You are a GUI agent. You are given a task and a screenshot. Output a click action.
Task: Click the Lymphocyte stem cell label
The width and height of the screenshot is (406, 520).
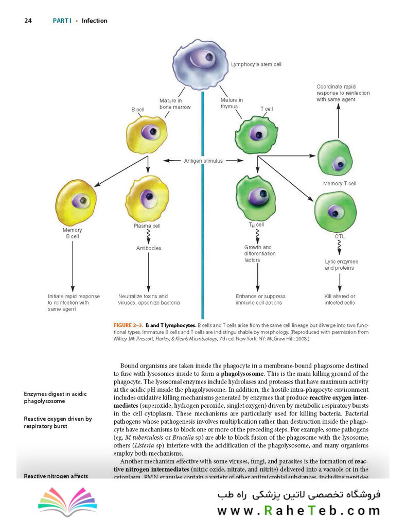click(256, 64)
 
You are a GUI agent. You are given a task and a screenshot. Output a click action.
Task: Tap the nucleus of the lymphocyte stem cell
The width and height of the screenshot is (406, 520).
click(203, 58)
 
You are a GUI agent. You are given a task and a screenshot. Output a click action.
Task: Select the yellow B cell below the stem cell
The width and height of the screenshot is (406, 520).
click(147, 134)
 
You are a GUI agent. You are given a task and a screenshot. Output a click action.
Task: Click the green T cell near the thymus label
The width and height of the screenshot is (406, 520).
click(256, 135)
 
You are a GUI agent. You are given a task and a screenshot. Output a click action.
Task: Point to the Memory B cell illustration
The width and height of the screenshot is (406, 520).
click(76, 203)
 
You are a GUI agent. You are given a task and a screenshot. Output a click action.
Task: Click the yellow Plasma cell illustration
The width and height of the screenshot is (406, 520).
click(147, 199)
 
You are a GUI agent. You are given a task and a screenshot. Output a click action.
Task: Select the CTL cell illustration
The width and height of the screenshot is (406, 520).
click(336, 212)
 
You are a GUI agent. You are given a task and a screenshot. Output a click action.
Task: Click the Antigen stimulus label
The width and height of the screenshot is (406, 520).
click(203, 161)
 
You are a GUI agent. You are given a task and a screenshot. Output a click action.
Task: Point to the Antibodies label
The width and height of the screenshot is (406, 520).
click(149, 248)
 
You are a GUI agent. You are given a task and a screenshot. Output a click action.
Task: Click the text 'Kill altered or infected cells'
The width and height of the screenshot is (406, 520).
click(340, 300)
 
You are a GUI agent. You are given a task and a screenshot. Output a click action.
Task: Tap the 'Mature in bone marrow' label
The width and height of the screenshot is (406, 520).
click(174, 104)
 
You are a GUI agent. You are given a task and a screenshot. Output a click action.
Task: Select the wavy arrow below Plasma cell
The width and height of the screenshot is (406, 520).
click(148, 237)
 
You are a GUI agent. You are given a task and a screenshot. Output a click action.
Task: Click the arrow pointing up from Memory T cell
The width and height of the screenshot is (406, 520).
click(339, 120)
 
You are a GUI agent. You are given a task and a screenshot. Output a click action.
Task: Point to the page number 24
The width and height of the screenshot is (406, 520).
click(28, 21)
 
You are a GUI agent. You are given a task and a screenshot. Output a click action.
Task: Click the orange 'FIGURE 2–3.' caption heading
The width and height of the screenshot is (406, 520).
click(128, 325)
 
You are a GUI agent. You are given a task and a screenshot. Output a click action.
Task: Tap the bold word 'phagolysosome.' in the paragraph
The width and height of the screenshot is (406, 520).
click(242, 374)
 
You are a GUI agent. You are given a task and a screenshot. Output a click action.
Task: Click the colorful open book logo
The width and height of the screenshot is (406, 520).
click(67, 501)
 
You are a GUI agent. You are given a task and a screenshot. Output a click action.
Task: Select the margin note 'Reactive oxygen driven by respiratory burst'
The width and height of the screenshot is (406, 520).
click(58, 422)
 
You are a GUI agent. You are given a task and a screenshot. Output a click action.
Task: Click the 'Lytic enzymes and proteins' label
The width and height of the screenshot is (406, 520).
click(341, 265)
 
